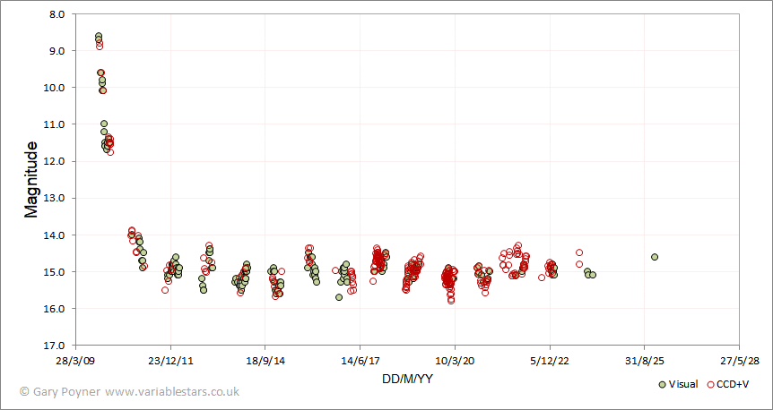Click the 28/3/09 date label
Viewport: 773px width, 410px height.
(x=75, y=362)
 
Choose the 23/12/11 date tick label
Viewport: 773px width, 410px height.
(x=170, y=362)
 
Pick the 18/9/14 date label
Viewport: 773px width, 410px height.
(x=265, y=362)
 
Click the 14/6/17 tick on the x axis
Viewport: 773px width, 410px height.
(x=360, y=362)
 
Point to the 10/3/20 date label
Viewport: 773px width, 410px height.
(x=455, y=362)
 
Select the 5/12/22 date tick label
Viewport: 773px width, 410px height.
(x=549, y=362)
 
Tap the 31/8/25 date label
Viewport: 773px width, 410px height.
(x=644, y=362)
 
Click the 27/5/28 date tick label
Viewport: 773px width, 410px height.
(x=739, y=362)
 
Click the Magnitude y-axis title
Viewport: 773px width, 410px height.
(x=32, y=179)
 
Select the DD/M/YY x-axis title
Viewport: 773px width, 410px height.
(x=407, y=380)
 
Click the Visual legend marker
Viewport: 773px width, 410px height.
(x=662, y=384)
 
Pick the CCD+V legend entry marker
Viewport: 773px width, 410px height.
(x=711, y=384)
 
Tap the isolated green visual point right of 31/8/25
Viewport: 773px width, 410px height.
(x=655, y=257)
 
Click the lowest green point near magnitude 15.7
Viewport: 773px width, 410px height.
(x=339, y=297)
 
